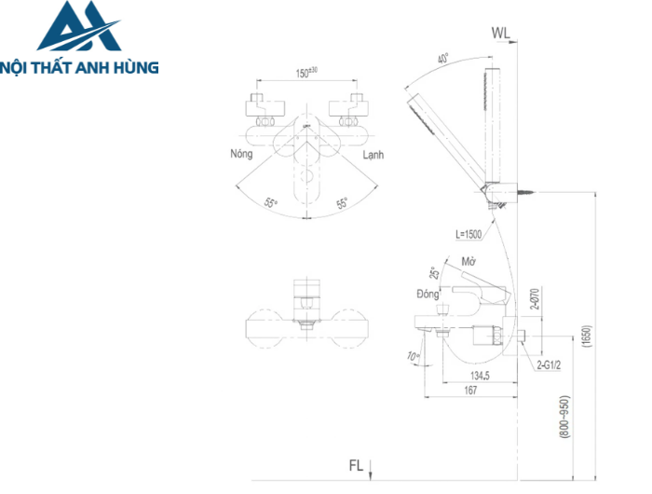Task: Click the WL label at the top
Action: [501, 34]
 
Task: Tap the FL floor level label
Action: [356, 463]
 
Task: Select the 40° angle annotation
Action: [443, 58]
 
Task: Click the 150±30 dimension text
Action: [306, 73]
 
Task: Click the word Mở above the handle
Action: [469, 264]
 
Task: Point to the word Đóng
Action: [428, 294]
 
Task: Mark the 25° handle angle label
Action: [435, 275]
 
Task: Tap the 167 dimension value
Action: [471, 391]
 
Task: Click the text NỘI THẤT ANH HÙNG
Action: [80, 67]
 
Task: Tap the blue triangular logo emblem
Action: [79, 28]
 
